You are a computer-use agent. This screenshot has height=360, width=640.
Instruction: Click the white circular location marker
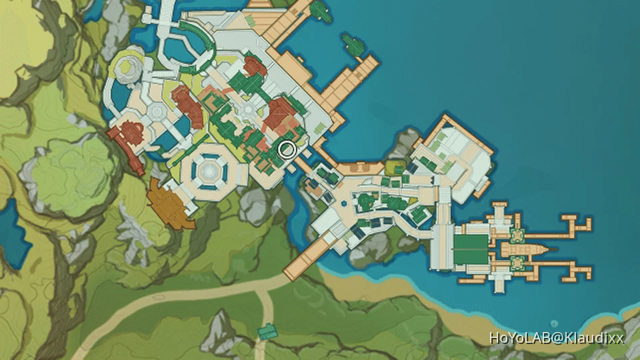[x=287, y=149]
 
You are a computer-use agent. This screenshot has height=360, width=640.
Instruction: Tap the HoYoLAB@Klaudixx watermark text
[x=557, y=338]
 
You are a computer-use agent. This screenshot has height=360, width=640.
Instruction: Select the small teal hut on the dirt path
[x=267, y=331]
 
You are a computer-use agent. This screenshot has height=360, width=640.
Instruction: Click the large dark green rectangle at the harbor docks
[x=471, y=249]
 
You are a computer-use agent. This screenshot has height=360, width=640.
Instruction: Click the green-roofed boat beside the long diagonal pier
[x=352, y=45]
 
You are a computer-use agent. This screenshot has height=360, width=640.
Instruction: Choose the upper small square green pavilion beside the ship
[x=517, y=235]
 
